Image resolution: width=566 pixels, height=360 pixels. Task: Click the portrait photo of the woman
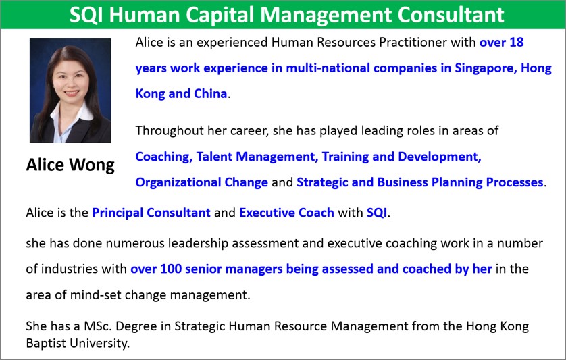pos(70,91)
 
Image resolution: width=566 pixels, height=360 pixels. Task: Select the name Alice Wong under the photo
pos(70,165)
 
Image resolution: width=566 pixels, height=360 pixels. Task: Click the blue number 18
pos(517,43)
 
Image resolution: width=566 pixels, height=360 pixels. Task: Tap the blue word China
pos(211,93)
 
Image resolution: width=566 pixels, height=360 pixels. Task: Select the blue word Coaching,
pos(164,157)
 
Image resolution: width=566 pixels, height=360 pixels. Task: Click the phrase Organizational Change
pos(202,182)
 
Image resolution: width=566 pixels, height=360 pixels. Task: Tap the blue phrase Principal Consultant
pos(151,213)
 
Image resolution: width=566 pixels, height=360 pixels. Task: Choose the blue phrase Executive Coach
pos(286,213)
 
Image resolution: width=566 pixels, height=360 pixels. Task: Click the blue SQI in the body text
pos(377,213)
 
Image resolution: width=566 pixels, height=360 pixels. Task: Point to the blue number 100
pos(171,269)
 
